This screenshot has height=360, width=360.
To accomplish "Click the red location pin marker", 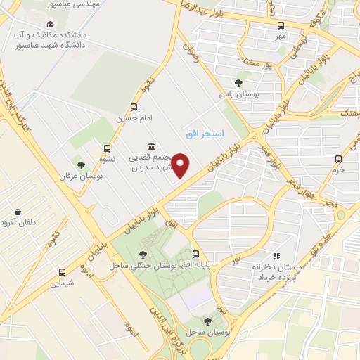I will pos(181,165).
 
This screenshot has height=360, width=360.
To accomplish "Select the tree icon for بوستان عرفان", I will pos(82,166).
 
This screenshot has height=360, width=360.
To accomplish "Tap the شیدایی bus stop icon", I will pos(63,272).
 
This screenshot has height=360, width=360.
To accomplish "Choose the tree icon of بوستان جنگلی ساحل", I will pos(143,255).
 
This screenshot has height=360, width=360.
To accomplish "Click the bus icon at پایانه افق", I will pos(195,255).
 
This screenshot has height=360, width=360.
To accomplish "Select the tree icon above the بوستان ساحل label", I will pos(206,320).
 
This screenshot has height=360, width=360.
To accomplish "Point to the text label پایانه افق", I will pos(193,266).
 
